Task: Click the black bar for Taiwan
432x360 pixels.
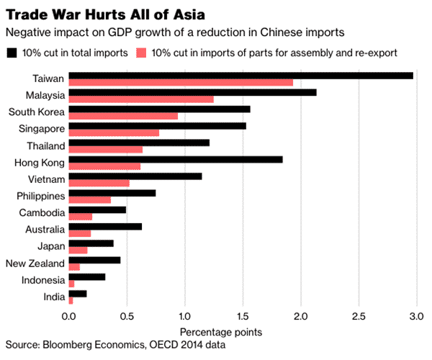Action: (240, 76)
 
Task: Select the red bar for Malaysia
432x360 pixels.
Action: (140, 99)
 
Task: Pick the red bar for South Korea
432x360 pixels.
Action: (122, 115)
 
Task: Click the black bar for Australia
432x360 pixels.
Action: (104, 227)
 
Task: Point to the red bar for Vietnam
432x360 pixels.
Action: (99, 183)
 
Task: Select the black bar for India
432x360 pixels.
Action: (77, 294)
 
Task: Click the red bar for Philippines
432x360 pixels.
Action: (89, 199)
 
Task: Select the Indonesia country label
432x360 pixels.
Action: (39, 279)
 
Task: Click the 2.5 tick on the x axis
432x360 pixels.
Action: (359, 315)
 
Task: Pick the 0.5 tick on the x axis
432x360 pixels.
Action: (127, 315)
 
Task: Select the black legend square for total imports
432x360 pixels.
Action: (11, 53)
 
